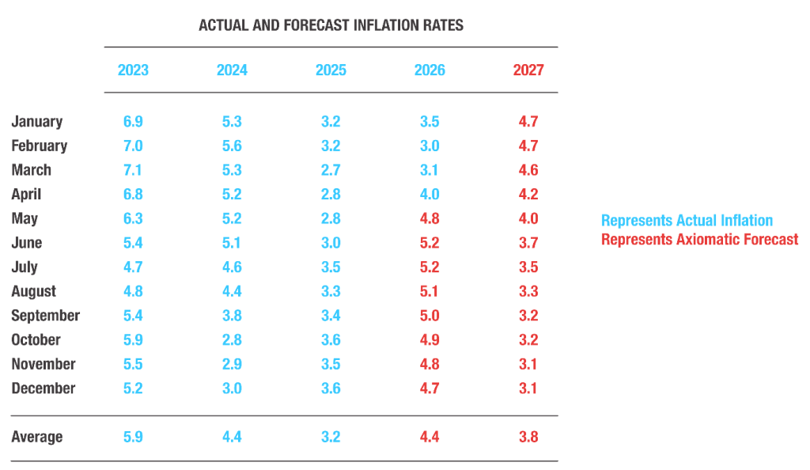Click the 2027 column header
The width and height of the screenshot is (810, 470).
pyautogui.click(x=528, y=70)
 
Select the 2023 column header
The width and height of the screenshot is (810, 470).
pyautogui.click(x=133, y=70)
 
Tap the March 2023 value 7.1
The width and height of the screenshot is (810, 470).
pyautogui.click(x=133, y=170)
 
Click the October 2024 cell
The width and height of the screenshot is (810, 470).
pyautogui.click(x=232, y=340)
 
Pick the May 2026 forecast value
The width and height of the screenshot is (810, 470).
pyautogui.click(x=430, y=218)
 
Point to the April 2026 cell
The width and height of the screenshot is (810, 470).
pyautogui.click(x=430, y=194)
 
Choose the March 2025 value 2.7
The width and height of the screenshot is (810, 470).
pyautogui.click(x=331, y=170)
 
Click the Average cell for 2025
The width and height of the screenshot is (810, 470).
pyautogui.click(x=331, y=437)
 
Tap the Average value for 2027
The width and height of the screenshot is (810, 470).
pyautogui.click(x=528, y=437)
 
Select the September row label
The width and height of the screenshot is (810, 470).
pyautogui.click(x=45, y=316)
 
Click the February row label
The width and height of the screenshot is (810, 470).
pyautogui.click(x=40, y=146)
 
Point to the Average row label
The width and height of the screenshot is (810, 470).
pyautogui.click(x=36, y=437)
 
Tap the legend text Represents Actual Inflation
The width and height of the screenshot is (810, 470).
pyautogui.click(x=687, y=221)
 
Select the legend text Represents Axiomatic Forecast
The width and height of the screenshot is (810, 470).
pyautogui.click(x=699, y=240)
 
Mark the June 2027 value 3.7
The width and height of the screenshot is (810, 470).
pyautogui.click(x=528, y=243)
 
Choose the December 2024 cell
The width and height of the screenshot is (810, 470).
pyautogui.click(x=232, y=389)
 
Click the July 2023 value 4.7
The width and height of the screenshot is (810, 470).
pyautogui.click(x=133, y=267)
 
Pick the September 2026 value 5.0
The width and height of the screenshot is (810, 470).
pyautogui.click(x=430, y=316)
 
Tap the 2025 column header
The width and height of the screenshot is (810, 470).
pyautogui.click(x=331, y=70)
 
